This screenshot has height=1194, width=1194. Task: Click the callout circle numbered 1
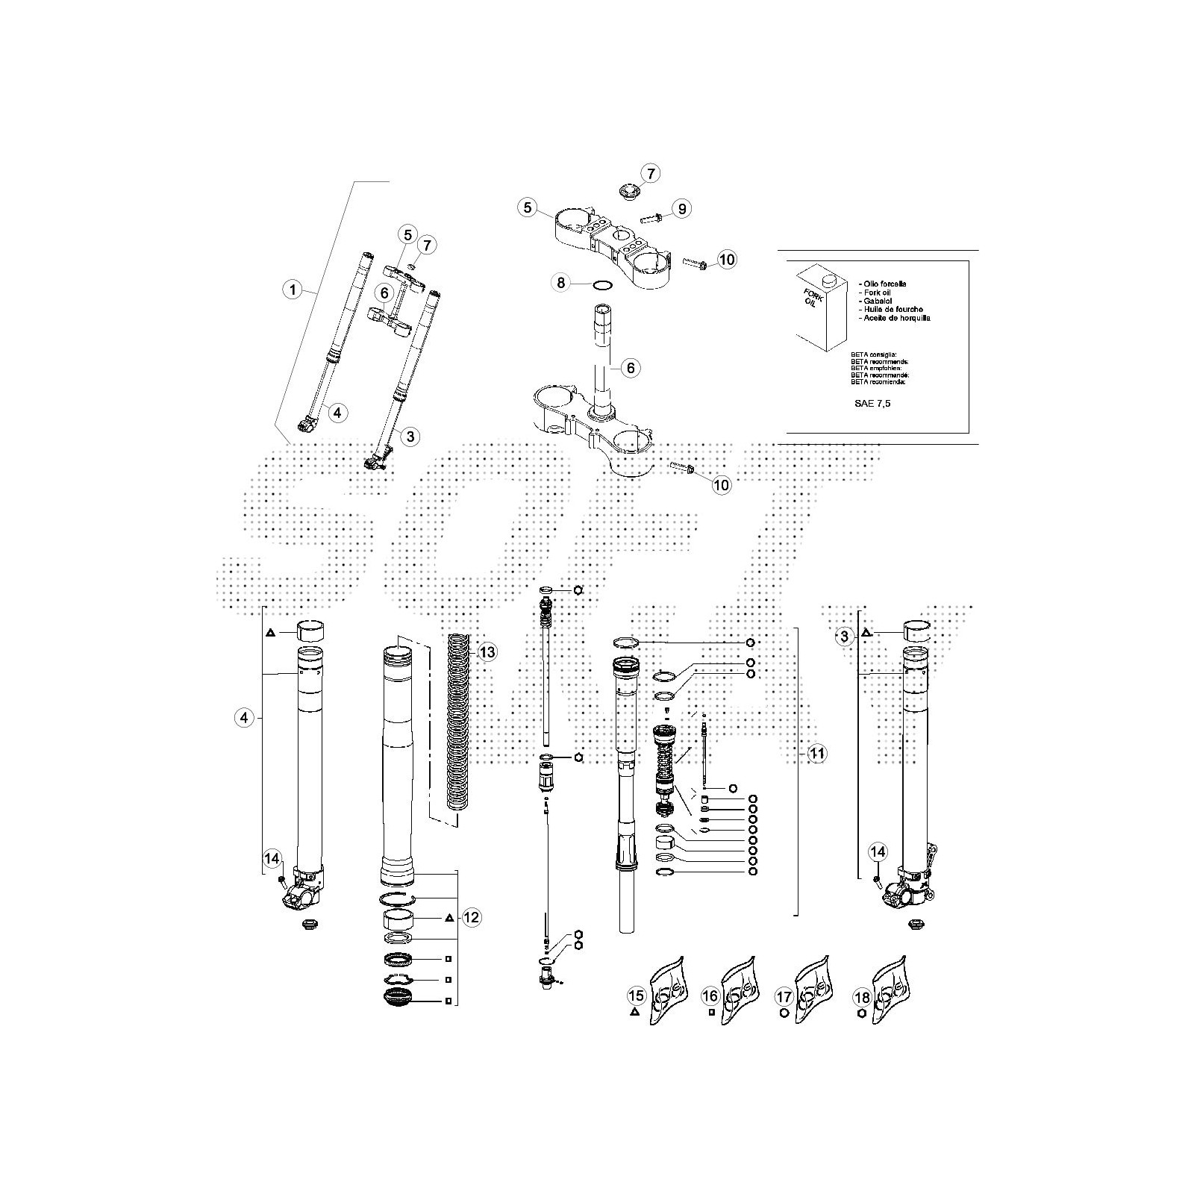click(293, 290)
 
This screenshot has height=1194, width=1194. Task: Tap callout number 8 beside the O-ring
click(562, 283)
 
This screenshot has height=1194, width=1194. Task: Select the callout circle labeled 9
click(681, 208)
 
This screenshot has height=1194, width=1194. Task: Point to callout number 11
click(817, 754)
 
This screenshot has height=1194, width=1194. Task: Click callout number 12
click(472, 917)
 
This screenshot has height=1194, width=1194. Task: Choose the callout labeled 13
click(487, 653)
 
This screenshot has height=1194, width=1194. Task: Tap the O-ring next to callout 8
click(602, 284)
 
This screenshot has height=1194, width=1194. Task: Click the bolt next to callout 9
click(651, 218)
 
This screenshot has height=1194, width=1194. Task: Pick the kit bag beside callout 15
click(667, 991)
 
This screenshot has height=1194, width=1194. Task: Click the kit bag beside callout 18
click(891, 991)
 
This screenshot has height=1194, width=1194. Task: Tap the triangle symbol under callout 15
click(634, 1013)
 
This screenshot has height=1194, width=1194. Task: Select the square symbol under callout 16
click(711, 1013)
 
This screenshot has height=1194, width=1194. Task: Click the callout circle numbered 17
click(784, 996)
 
